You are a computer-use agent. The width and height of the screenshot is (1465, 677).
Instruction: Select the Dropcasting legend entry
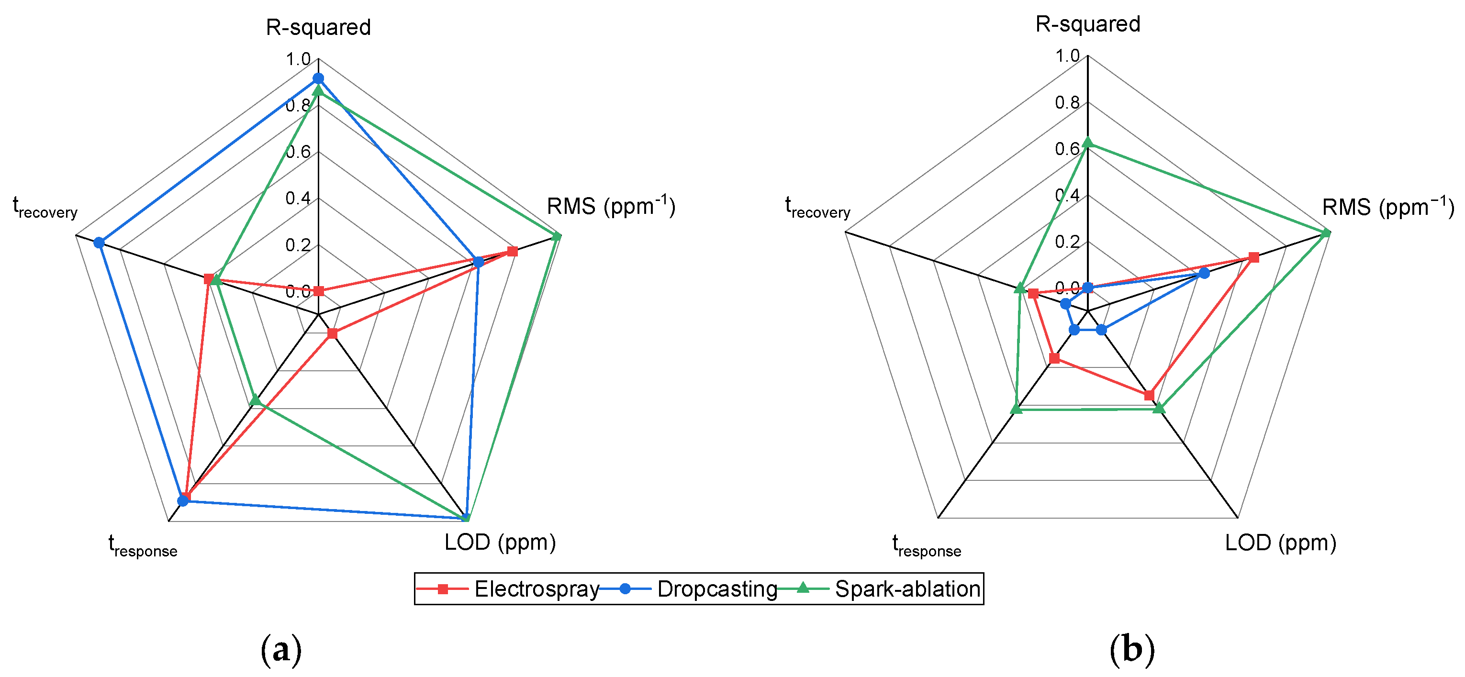716,589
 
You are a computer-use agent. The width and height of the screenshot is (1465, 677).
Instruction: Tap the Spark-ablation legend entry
906,589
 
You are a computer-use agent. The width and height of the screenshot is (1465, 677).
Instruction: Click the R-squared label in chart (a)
318,27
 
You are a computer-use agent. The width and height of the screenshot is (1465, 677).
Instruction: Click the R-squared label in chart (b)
1087,24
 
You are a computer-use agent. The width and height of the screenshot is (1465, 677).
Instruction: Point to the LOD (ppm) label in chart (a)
500,542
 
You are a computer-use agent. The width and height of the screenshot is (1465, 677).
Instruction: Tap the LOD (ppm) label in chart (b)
1280,543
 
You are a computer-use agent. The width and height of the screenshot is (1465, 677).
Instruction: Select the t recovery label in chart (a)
45,208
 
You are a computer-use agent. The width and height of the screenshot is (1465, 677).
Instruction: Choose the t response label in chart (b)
927,546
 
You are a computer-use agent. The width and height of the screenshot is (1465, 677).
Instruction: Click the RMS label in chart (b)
1387,207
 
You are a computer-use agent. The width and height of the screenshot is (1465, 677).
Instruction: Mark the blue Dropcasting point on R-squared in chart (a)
318,78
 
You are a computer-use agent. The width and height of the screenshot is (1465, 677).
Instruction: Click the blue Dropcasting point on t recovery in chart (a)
99,243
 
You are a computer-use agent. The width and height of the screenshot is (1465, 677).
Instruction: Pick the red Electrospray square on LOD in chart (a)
333,333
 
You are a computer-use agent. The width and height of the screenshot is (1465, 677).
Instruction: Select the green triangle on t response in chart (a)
256,400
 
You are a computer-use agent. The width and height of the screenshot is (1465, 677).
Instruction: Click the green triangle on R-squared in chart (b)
1087,143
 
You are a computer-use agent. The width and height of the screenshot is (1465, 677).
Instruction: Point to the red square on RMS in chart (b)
1253,257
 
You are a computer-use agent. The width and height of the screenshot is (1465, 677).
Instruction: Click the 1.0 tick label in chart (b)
1067,55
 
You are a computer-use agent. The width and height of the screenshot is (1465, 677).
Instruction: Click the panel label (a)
281,649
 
